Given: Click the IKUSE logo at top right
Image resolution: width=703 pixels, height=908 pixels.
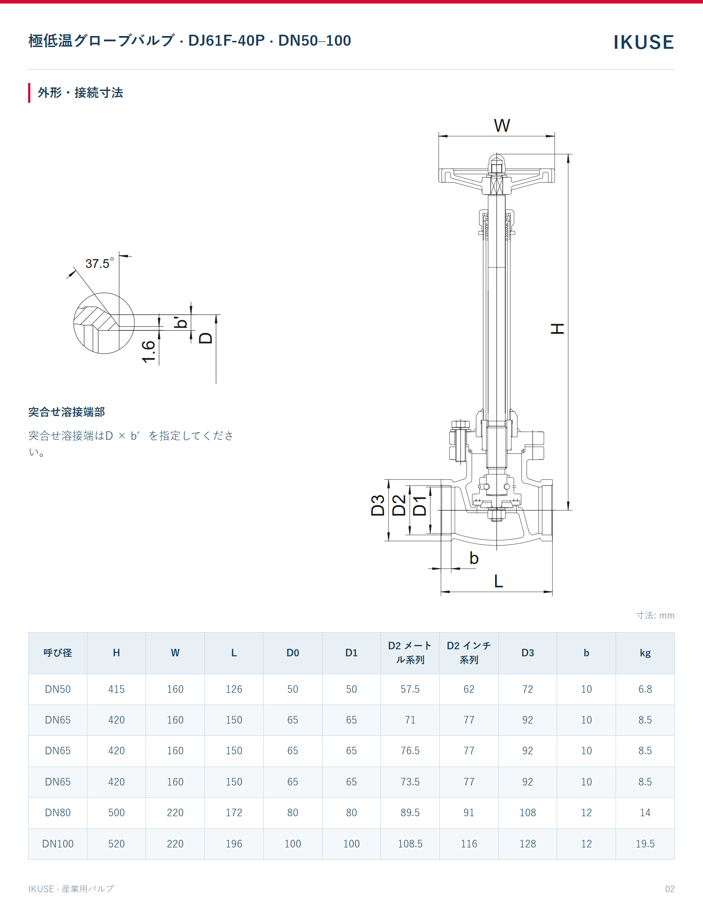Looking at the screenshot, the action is (x=644, y=42).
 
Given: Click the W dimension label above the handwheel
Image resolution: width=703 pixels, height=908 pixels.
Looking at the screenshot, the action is (x=502, y=126).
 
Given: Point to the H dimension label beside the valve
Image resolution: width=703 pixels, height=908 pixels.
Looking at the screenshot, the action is (x=558, y=329).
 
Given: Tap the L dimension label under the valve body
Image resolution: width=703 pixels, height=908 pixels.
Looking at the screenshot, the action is (x=498, y=581).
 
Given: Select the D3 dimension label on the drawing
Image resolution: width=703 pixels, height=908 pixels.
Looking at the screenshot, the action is (x=378, y=505).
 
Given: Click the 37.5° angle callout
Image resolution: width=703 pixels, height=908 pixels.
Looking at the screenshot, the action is (x=100, y=263).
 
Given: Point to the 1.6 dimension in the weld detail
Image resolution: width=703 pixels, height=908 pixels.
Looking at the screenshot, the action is (x=149, y=351).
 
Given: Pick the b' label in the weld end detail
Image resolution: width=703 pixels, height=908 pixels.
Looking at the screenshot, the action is (x=181, y=322).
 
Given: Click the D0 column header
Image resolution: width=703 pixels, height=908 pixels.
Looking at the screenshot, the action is (x=293, y=653).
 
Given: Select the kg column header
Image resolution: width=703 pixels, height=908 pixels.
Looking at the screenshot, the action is (x=645, y=653).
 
